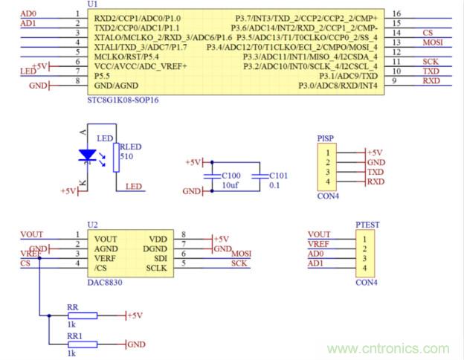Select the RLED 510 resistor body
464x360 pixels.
pos(116,157)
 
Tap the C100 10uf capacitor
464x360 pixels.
pos(213,176)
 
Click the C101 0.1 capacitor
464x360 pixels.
pos(260,176)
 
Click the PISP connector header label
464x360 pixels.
pos(326,138)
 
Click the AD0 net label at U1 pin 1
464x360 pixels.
pos(28,14)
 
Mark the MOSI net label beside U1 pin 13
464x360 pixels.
pos(433,43)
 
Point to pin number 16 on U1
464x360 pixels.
pos(396,14)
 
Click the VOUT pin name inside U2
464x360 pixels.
pos(106,238)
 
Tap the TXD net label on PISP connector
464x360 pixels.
pos(376,172)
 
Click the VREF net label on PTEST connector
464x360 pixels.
pos(319,244)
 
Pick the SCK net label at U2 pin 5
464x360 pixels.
pos(239,263)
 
